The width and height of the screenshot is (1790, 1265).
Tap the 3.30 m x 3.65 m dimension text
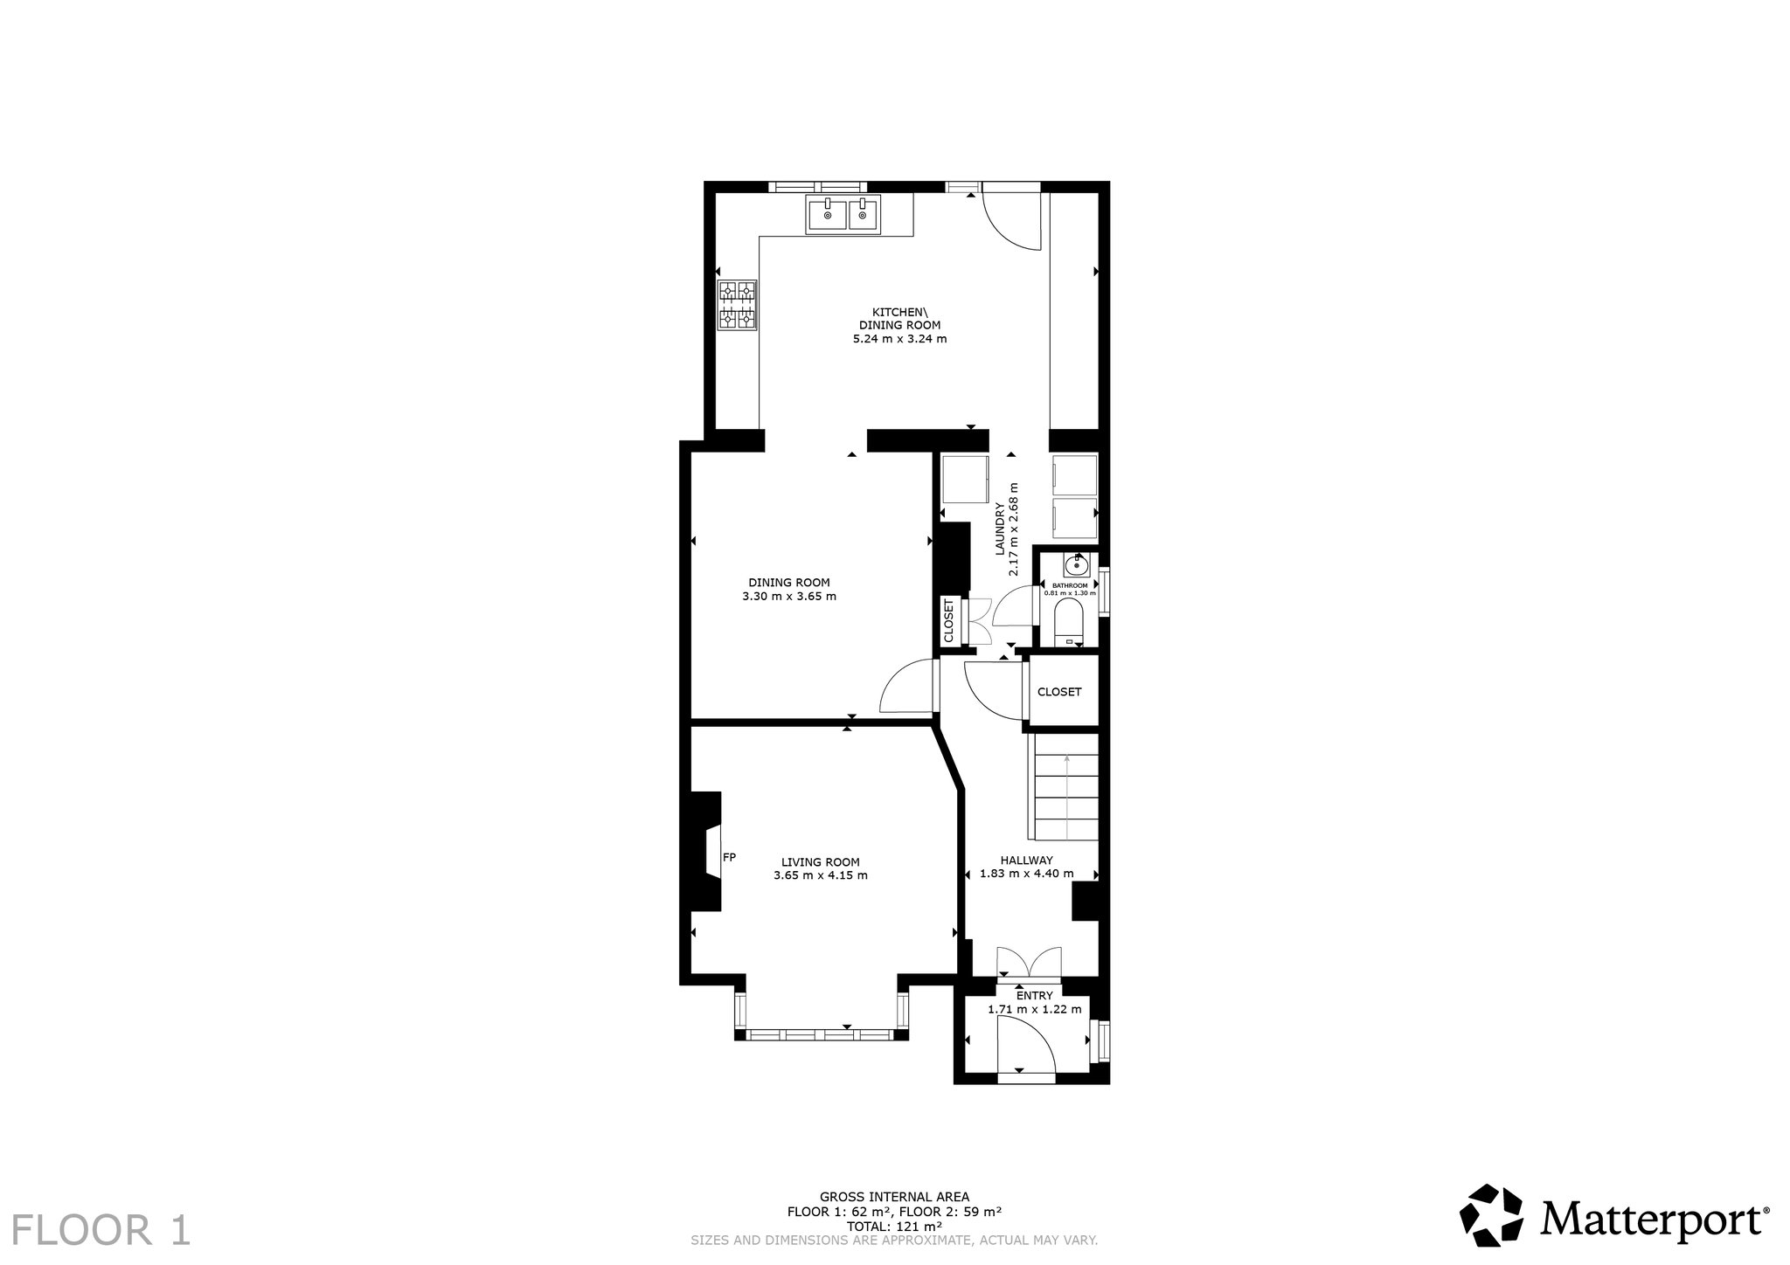(x=789, y=598)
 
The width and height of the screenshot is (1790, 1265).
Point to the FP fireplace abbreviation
(x=730, y=857)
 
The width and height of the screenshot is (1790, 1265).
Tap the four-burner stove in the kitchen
(x=738, y=305)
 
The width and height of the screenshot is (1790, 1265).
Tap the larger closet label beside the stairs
(x=1059, y=692)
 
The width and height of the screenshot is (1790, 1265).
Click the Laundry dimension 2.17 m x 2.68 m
(x=1014, y=529)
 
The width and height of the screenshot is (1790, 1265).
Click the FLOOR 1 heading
(x=101, y=1229)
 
